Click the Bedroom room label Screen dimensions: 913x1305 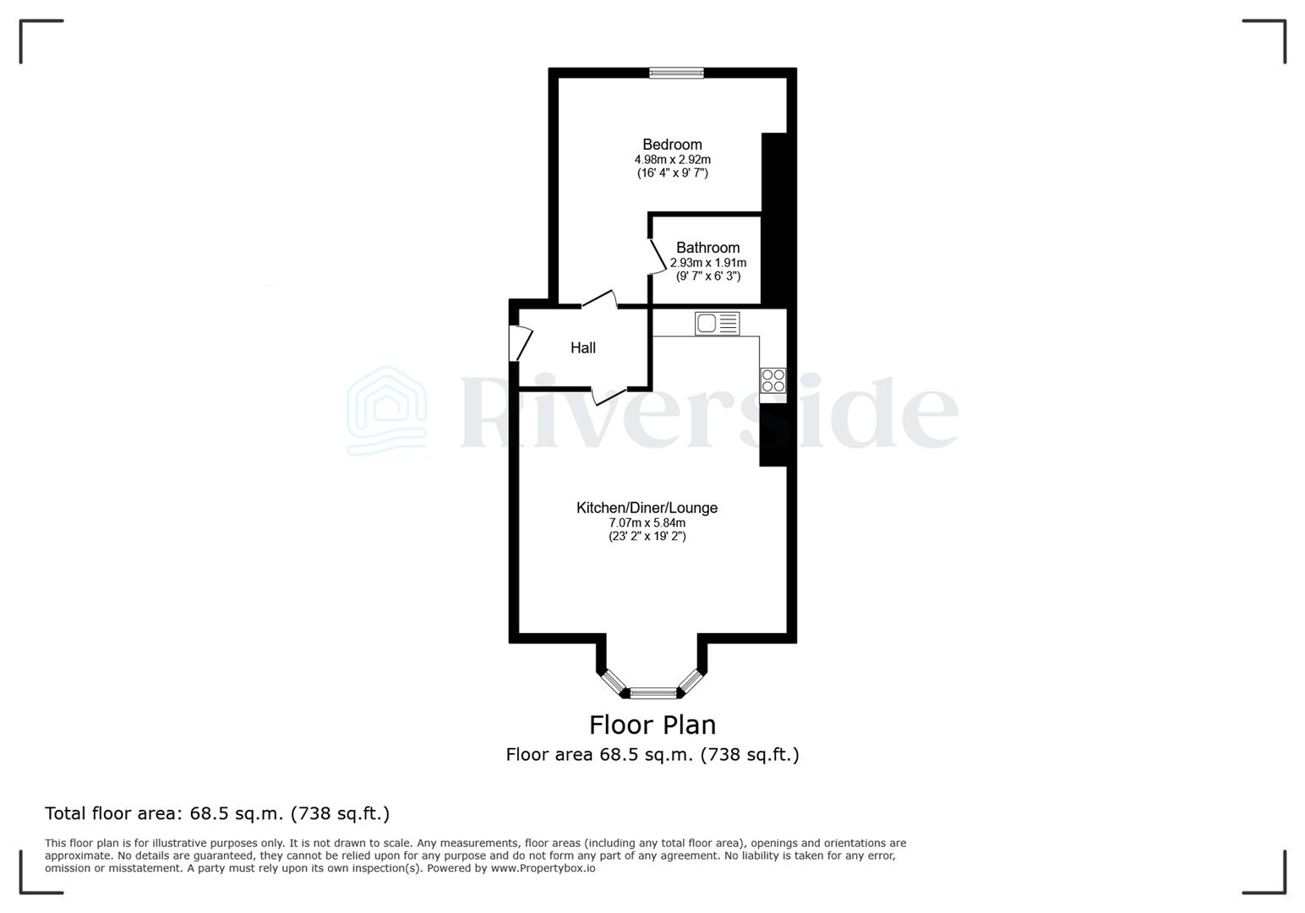[x=672, y=145]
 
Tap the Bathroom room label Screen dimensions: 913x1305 [x=707, y=248]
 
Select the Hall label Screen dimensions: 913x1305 [x=582, y=347]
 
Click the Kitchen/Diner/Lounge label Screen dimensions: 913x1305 [x=647, y=507]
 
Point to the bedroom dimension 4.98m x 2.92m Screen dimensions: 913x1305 [x=672, y=160]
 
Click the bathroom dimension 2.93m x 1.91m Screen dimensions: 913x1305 [x=707, y=263]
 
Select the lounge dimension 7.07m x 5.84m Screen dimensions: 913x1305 [x=647, y=522]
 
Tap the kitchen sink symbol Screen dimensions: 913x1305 [x=717, y=323]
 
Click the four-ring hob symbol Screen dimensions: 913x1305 [x=773, y=380]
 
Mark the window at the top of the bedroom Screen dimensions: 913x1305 [x=676, y=74]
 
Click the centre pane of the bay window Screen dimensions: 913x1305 [x=653, y=693]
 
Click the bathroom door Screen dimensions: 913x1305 [x=657, y=255]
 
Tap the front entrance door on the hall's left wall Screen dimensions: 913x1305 [x=521, y=344]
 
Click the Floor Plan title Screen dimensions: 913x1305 [x=652, y=724]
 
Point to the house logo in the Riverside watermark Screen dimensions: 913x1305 [x=387, y=411]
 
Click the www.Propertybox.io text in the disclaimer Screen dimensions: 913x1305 [x=543, y=868]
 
